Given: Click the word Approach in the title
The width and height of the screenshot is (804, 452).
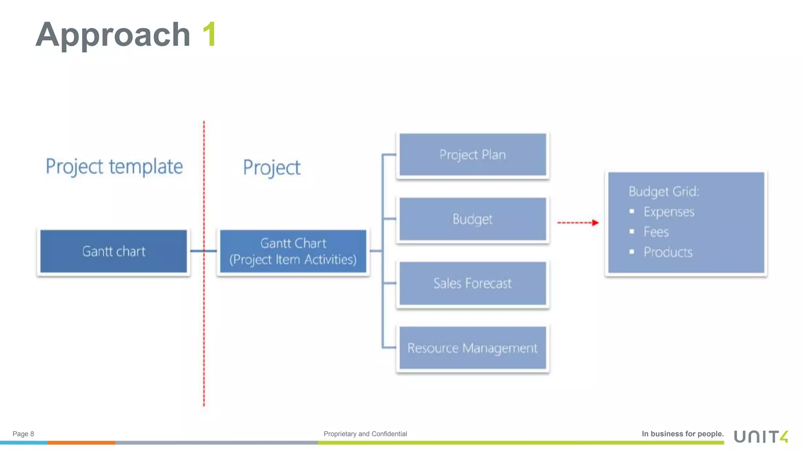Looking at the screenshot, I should click(113, 35).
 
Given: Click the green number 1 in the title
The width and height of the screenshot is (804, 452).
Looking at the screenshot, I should click(209, 35).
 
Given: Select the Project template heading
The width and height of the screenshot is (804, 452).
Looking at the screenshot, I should click(114, 167).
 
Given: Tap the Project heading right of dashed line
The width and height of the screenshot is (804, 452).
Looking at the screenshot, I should click(272, 168).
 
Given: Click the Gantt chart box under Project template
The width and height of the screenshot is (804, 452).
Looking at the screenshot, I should click(113, 251).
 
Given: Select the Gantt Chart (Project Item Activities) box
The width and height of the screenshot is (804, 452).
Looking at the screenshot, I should click(293, 251).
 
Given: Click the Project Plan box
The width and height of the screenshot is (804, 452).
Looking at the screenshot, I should click(473, 155).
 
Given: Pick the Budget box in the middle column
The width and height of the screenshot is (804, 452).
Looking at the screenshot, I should click(473, 219).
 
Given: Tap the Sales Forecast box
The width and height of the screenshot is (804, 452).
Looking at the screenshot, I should click(473, 283).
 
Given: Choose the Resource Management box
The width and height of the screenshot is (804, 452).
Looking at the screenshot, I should click(473, 348).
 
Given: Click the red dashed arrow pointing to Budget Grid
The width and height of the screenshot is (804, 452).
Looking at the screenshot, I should click(577, 223).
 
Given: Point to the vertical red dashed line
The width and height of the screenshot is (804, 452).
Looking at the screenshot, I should click(204, 314).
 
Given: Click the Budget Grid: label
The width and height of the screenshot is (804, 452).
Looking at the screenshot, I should click(664, 191).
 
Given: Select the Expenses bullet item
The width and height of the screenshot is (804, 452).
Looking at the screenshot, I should click(669, 212).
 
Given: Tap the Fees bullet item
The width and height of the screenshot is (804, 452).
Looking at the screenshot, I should click(656, 232).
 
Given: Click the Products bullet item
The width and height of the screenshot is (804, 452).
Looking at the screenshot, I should click(668, 252).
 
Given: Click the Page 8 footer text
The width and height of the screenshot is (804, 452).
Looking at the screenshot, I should click(23, 434).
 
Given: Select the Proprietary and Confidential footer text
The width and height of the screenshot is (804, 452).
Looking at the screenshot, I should click(365, 434).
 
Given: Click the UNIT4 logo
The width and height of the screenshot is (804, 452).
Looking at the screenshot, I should click(761, 436).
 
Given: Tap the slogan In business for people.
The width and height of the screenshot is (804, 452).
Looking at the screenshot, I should click(682, 434).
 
